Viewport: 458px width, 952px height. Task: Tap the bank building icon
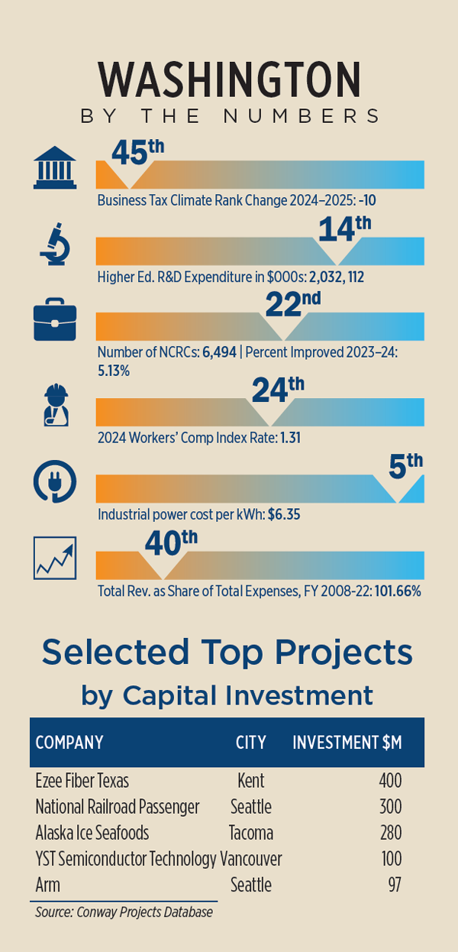pyautogui.click(x=54, y=169)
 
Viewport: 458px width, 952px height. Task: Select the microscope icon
pyautogui.click(x=55, y=246)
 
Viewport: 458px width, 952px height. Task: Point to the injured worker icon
pyautogui.click(x=55, y=406)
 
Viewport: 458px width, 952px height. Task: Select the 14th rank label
pyautogui.click(x=343, y=228)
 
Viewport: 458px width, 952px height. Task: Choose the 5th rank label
pyautogui.click(x=405, y=465)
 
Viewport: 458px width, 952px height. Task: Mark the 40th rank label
pyautogui.click(x=171, y=544)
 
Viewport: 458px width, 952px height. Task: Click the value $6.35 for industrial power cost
pyautogui.click(x=284, y=515)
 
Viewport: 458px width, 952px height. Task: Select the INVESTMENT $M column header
pyautogui.click(x=347, y=742)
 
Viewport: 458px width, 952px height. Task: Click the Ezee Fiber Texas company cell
pyautogui.click(x=82, y=781)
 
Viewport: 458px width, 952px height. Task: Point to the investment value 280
pyautogui.click(x=390, y=833)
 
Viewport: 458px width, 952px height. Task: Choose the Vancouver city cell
pyautogui.click(x=251, y=859)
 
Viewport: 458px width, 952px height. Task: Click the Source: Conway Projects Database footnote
pyautogui.click(x=124, y=912)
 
